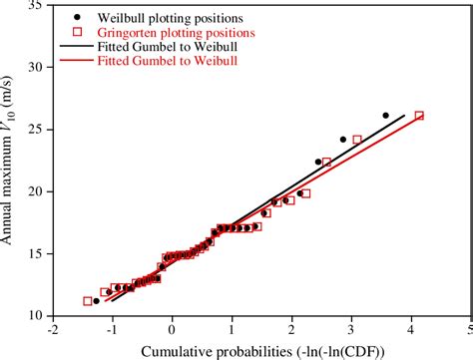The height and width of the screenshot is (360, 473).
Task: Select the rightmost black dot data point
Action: click(385, 116)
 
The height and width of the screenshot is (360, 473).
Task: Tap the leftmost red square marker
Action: click(88, 301)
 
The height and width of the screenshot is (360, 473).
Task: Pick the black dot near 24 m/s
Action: click(343, 140)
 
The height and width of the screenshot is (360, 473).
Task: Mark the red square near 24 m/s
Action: click(357, 140)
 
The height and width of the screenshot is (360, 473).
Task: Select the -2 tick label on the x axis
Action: click(51, 328)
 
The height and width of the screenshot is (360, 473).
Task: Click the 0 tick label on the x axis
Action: click(172, 328)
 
